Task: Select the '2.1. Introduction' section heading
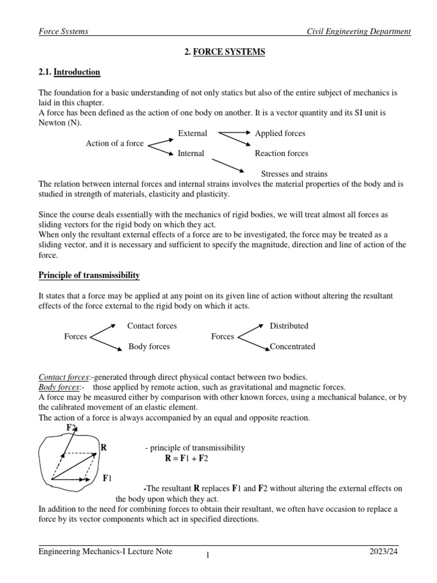69,72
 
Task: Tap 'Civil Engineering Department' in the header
358,32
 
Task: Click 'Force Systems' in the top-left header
63,32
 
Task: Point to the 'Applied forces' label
280,133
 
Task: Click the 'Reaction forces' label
281,153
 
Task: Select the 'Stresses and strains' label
294,174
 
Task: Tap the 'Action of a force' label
114,143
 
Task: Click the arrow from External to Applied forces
234,133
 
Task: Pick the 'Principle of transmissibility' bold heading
89,276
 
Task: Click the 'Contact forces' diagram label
152,326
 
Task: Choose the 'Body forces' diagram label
149,346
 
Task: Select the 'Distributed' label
289,326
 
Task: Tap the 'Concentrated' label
292,346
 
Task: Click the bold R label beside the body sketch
104,447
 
